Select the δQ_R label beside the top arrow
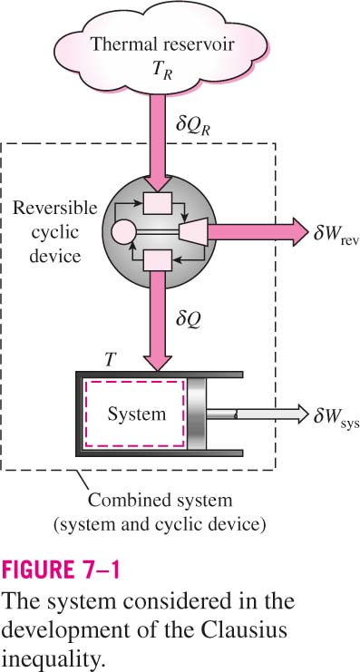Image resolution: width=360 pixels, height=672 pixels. (x=194, y=125)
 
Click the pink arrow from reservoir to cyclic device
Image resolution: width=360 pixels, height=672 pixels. (x=158, y=142)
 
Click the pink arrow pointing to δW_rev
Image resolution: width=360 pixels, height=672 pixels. (x=258, y=232)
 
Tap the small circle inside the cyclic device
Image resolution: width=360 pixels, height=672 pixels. (x=123, y=233)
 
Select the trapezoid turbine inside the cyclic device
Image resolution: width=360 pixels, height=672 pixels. (x=194, y=231)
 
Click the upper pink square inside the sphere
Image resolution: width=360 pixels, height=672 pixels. (x=158, y=203)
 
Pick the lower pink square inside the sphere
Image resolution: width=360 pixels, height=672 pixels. (x=158, y=260)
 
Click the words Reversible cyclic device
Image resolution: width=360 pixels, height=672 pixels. (x=54, y=233)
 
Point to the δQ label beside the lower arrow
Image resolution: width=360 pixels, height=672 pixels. (x=188, y=319)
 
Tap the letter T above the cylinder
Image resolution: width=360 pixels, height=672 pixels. (x=110, y=360)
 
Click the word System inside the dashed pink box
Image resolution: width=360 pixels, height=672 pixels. (x=136, y=414)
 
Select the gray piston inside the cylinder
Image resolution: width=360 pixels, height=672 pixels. (x=197, y=414)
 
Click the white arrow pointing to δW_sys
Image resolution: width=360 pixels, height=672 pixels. (x=258, y=414)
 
